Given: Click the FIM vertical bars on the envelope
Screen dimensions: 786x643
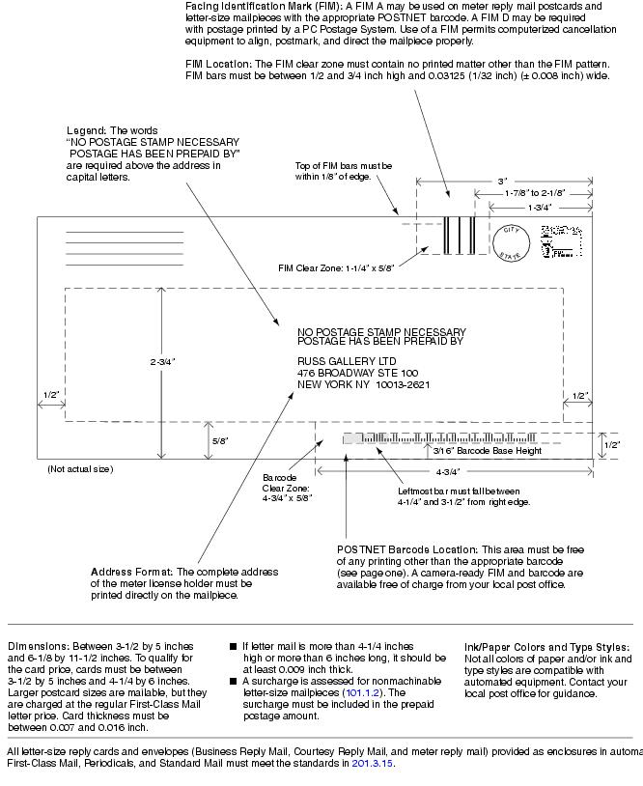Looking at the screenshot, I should click(459, 235).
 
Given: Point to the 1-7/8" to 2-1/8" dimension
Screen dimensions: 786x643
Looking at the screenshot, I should click(534, 193).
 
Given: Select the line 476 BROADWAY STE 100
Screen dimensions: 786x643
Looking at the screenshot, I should click(357, 372).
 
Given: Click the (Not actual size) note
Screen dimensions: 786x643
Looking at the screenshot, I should click(80, 469).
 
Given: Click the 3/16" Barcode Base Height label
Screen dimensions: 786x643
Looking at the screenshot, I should click(486, 450).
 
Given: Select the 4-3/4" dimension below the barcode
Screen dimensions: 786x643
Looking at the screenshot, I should click(447, 472).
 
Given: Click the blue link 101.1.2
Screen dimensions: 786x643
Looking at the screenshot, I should click(362, 691).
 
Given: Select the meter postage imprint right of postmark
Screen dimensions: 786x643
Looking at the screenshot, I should click(558, 241).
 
